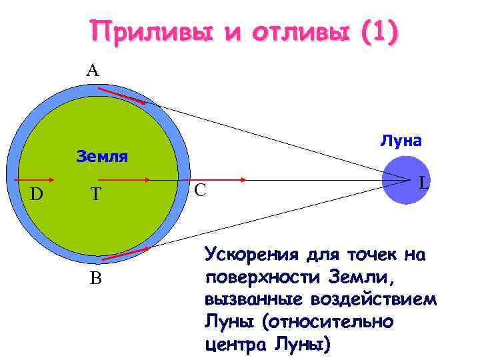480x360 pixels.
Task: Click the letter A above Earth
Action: pyautogui.click(x=92, y=70)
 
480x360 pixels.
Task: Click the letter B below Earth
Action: pyautogui.click(x=96, y=278)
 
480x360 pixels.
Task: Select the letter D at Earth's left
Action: pyautogui.click(x=37, y=194)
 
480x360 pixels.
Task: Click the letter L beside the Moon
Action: pyautogui.click(x=423, y=183)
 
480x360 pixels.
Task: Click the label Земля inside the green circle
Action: pyautogui.click(x=102, y=157)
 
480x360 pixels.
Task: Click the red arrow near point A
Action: pyautogui.click(x=125, y=95)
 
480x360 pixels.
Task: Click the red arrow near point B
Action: pyautogui.click(x=125, y=252)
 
